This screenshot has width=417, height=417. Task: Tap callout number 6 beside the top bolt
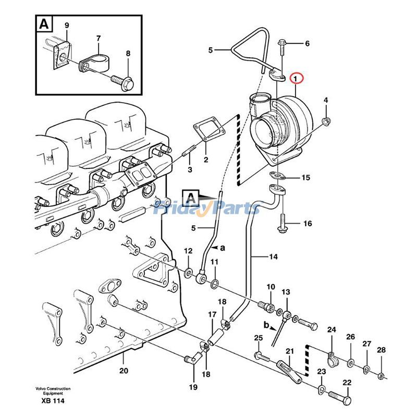(307, 43)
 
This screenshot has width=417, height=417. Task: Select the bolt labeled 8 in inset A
(124, 81)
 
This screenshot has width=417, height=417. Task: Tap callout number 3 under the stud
(190, 170)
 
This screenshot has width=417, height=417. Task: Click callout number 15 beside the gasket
(305, 178)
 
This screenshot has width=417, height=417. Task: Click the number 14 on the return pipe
(274, 256)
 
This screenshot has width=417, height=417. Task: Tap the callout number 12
(188, 251)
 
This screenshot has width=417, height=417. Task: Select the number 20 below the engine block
(124, 371)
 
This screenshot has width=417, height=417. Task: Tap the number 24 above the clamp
(332, 329)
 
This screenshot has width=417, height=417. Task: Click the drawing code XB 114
(50, 400)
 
